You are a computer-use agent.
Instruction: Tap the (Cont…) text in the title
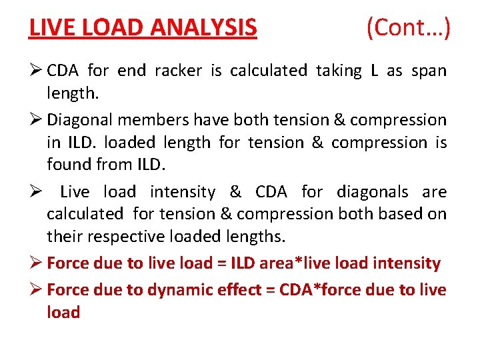[408, 27]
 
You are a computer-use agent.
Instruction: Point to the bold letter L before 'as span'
[374, 71]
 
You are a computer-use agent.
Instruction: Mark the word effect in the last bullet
[228, 290]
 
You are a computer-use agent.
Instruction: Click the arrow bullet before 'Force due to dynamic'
[36, 290]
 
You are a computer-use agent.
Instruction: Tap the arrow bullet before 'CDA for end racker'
[36, 71]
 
